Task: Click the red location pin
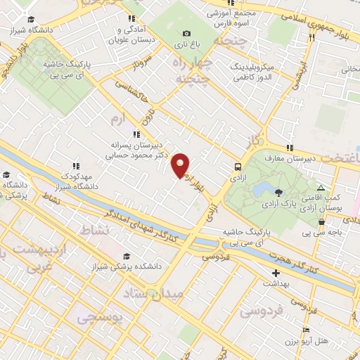click(x=181, y=165)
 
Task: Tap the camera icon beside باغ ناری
click(x=186, y=33)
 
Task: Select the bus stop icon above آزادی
click(x=238, y=167)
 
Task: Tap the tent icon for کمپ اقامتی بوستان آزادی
click(x=321, y=188)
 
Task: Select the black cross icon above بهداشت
click(x=276, y=273)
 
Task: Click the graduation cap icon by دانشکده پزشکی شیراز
click(x=126, y=256)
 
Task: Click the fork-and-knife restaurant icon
click(x=311, y=37)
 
